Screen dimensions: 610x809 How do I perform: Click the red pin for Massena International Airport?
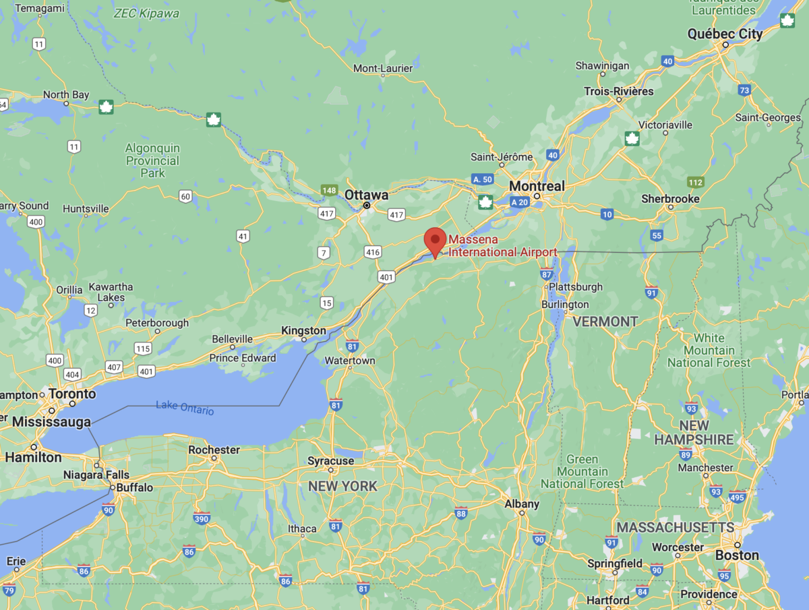[435, 241]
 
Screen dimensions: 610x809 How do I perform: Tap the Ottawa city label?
[366, 195]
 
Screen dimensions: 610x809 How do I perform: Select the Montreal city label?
[537, 186]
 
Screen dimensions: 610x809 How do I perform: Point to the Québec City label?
[725, 34]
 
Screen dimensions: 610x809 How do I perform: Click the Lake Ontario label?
[185, 407]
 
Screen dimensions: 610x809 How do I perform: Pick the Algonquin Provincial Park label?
[152, 160]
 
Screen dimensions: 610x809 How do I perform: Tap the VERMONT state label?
[605, 322]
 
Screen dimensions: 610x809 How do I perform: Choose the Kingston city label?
[303, 331]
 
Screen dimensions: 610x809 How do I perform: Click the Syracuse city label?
[330, 461]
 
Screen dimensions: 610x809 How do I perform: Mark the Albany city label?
[522, 504]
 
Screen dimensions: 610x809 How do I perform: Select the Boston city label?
[737, 555]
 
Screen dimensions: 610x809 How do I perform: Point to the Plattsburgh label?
[576, 286]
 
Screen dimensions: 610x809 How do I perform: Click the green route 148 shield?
[329, 190]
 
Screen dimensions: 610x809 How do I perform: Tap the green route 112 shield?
[696, 182]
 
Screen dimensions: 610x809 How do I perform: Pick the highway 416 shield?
[372, 252]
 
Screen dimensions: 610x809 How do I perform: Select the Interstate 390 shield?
[202, 518]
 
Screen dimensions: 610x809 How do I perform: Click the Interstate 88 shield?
[461, 513]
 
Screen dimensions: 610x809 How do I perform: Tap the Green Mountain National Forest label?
[582, 472]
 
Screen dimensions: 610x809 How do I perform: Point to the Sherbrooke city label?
[670, 199]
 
